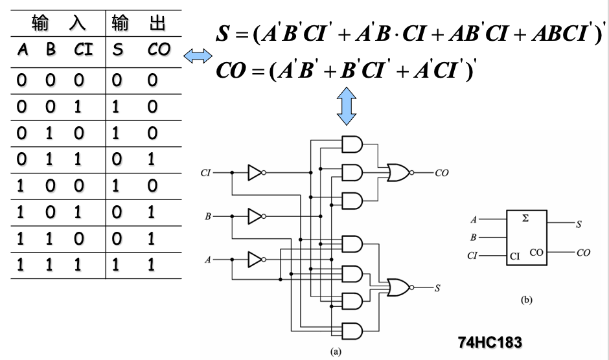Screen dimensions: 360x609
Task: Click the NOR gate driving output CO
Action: tap(396, 172)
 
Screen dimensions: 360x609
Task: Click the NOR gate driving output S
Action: tap(396, 286)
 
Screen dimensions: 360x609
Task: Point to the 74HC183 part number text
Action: tap(490, 341)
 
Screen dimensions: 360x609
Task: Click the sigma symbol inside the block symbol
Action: tap(525, 219)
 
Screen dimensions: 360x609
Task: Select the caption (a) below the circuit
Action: tap(335, 352)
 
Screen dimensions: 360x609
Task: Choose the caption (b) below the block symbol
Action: tap(525, 300)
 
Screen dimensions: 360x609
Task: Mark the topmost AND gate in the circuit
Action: tap(350, 144)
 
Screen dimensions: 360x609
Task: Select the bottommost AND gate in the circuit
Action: tap(350, 332)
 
